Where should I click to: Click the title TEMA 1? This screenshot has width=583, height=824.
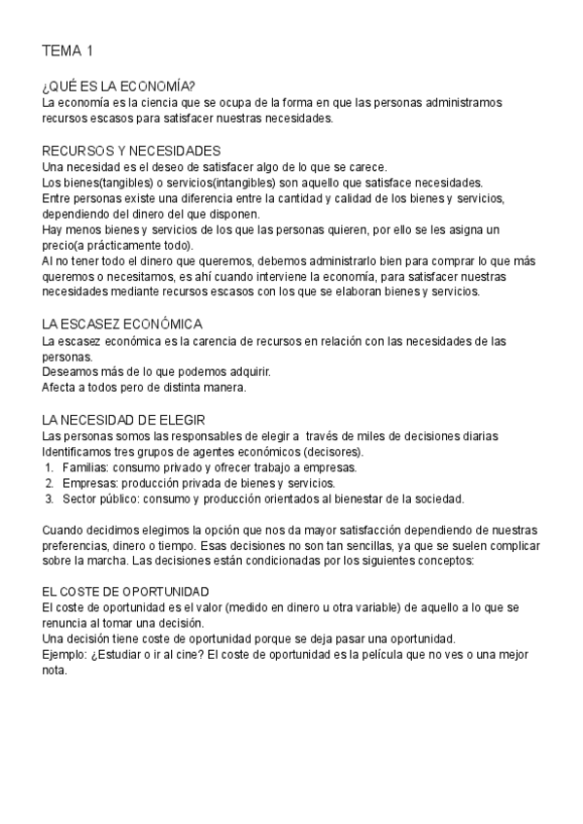pyautogui.click(x=67, y=50)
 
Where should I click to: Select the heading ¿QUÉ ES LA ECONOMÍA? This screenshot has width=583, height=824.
pyautogui.click(x=119, y=86)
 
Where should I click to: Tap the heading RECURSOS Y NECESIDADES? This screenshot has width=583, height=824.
pyautogui.click(x=131, y=151)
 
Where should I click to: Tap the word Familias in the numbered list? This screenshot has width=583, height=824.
pyautogui.click(x=85, y=467)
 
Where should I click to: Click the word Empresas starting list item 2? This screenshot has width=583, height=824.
pyautogui.click(x=88, y=483)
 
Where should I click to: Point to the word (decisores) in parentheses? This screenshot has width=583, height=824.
pyautogui.click(x=334, y=452)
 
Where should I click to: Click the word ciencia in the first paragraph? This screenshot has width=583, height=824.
pyautogui.click(x=154, y=102)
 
